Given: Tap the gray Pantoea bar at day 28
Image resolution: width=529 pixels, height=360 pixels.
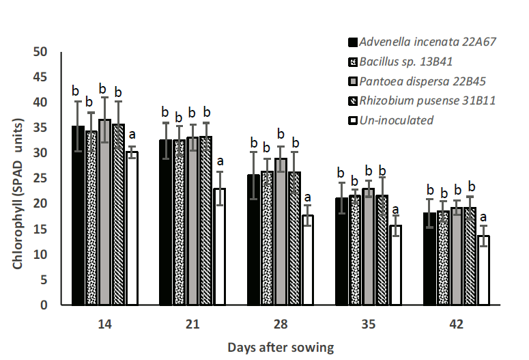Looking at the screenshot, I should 281,232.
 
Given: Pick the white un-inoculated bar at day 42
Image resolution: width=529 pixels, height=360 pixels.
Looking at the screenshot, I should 483,270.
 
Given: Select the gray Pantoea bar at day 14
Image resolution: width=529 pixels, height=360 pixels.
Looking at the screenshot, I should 104,212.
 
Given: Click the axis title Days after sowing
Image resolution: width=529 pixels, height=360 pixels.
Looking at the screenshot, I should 281,348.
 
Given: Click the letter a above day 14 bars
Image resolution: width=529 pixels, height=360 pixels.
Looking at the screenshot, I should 132,134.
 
